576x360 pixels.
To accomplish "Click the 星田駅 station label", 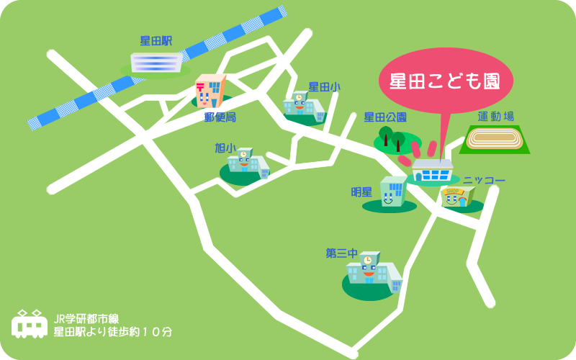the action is (x=156, y=42).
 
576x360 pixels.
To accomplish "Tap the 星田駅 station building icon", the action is (x=156, y=62).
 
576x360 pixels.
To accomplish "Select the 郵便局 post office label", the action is (x=220, y=117).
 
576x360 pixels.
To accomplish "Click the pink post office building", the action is (x=210, y=91).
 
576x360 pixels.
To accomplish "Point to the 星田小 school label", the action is (x=324, y=87).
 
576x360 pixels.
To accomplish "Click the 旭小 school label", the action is (x=225, y=148).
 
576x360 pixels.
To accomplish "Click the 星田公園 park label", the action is (x=385, y=117).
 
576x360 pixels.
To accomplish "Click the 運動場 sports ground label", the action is (x=495, y=117).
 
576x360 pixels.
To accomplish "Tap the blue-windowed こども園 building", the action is (x=432, y=172).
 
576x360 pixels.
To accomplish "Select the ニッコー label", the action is (x=484, y=180).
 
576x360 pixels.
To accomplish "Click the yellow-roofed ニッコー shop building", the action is (x=456, y=196).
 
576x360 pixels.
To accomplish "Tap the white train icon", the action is (x=30, y=325).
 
